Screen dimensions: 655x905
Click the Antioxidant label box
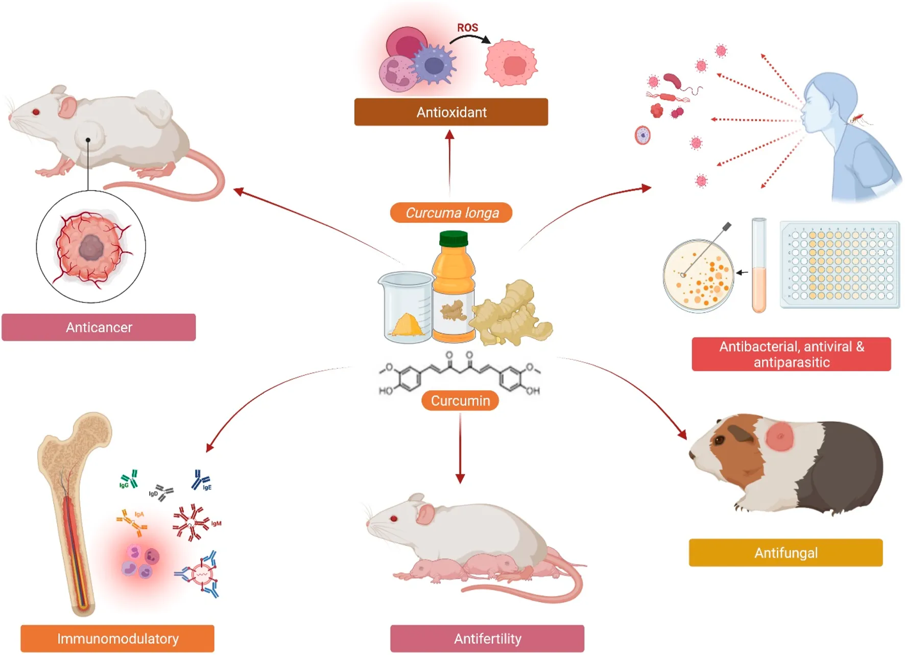click(x=451, y=112)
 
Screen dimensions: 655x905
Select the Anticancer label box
click(x=99, y=327)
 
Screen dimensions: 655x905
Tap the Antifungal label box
click(x=785, y=552)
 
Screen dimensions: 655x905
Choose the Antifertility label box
click(x=487, y=638)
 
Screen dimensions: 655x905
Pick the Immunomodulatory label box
click(x=117, y=638)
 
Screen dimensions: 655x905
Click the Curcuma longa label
click(x=451, y=213)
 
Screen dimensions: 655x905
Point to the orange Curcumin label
click(x=460, y=401)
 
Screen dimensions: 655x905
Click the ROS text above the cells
click(x=467, y=28)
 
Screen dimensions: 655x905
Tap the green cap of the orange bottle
click(x=454, y=238)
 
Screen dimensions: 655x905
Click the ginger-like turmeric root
click(x=511, y=314)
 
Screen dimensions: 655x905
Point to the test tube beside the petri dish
click(x=759, y=266)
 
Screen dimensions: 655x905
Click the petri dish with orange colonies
click(x=698, y=276)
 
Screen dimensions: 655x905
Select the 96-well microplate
click(x=840, y=265)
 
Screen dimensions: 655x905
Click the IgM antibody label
click(x=216, y=524)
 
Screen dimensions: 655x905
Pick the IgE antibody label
click(x=207, y=487)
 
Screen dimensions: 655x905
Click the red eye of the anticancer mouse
click(x=36, y=112)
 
